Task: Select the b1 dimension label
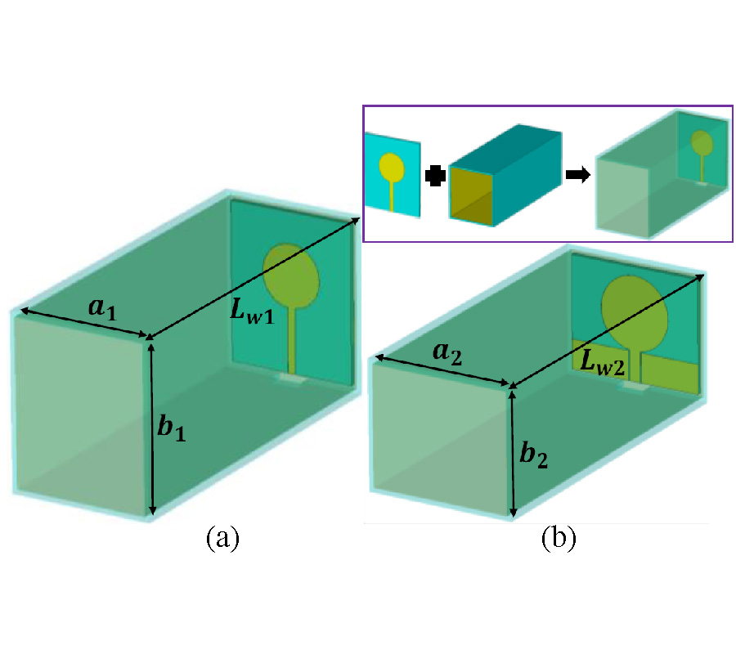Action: tap(173, 428)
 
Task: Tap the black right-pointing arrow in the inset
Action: tap(577, 177)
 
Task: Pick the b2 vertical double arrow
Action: tap(513, 454)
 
